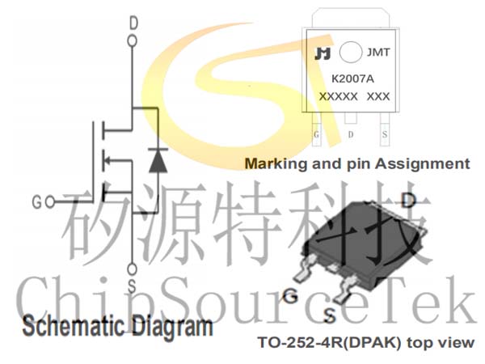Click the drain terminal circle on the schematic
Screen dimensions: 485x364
[133, 41]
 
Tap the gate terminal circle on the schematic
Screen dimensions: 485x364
[50, 202]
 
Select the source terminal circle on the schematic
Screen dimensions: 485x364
[132, 269]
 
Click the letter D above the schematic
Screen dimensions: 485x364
[133, 23]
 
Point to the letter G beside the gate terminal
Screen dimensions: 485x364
[36, 203]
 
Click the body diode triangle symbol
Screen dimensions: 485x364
[158, 161]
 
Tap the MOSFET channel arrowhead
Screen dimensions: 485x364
[107, 161]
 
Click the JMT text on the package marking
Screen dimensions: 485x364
[378, 53]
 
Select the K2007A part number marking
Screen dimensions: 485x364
[352, 79]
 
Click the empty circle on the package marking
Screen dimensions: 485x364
[351, 53]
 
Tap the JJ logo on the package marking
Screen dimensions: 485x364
[323, 53]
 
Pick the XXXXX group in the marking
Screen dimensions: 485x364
[339, 96]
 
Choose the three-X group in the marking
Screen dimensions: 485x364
[378, 96]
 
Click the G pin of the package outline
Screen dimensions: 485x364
[316, 129]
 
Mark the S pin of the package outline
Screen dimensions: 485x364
[385, 129]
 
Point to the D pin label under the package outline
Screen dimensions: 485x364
[351, 134]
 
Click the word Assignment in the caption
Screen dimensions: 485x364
[423, 163]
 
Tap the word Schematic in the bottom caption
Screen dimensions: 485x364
[74, 326]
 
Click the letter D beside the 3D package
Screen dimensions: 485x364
[408, 201]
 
